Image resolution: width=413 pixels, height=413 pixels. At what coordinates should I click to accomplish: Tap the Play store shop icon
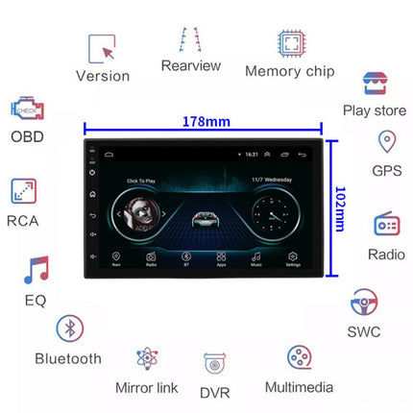tap(374, 84)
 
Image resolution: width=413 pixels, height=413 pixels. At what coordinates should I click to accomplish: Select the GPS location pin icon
tap(385, 144)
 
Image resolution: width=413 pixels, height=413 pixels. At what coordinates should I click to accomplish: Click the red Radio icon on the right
tap(386, 226)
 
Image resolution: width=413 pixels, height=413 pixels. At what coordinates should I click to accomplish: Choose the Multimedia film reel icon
tap(299, 358)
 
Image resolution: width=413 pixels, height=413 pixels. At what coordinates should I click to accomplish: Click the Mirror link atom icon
tap(147, 359)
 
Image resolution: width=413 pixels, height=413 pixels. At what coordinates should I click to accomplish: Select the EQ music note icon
tap(36, 271)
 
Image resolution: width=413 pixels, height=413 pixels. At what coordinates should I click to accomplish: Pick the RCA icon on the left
tap(24, 191)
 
